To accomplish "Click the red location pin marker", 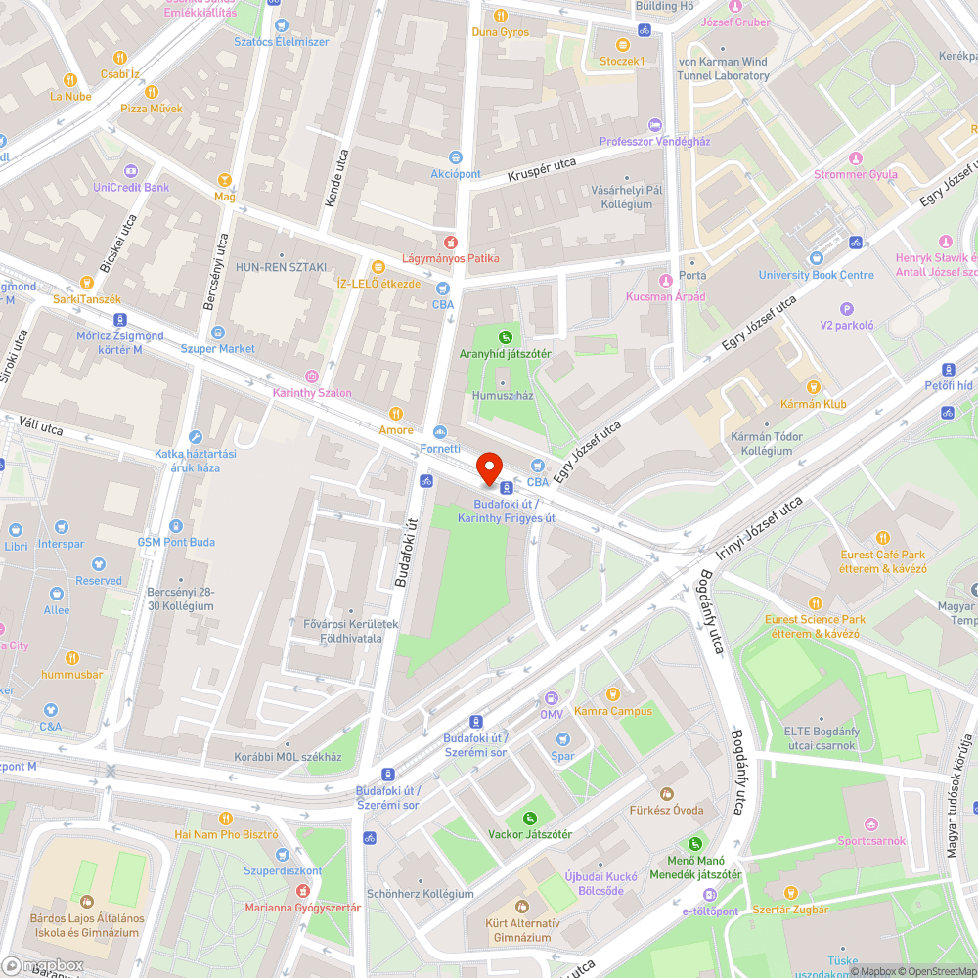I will [488, 467].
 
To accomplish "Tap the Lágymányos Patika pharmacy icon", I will [450, 242].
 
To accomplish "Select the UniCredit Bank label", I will [131, 187].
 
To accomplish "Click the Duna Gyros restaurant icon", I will [501, 16].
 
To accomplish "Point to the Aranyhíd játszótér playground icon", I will [507, 337].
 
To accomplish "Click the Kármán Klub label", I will [814, 404].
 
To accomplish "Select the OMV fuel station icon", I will [552, 698].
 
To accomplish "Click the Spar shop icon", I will [562, 739].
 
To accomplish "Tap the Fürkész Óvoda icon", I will [668, 793].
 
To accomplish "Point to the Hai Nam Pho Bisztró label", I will [226, 834].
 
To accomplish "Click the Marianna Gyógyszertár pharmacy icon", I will [302, 891].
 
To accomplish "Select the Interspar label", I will [61, 543].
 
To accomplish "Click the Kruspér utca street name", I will [542, 170].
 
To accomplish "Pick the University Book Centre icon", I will [817, 258].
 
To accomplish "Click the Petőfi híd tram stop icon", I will [948, 369].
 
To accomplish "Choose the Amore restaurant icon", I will [396, 414].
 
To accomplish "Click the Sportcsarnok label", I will [871, 840].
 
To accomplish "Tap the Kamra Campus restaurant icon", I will [613, 693].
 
